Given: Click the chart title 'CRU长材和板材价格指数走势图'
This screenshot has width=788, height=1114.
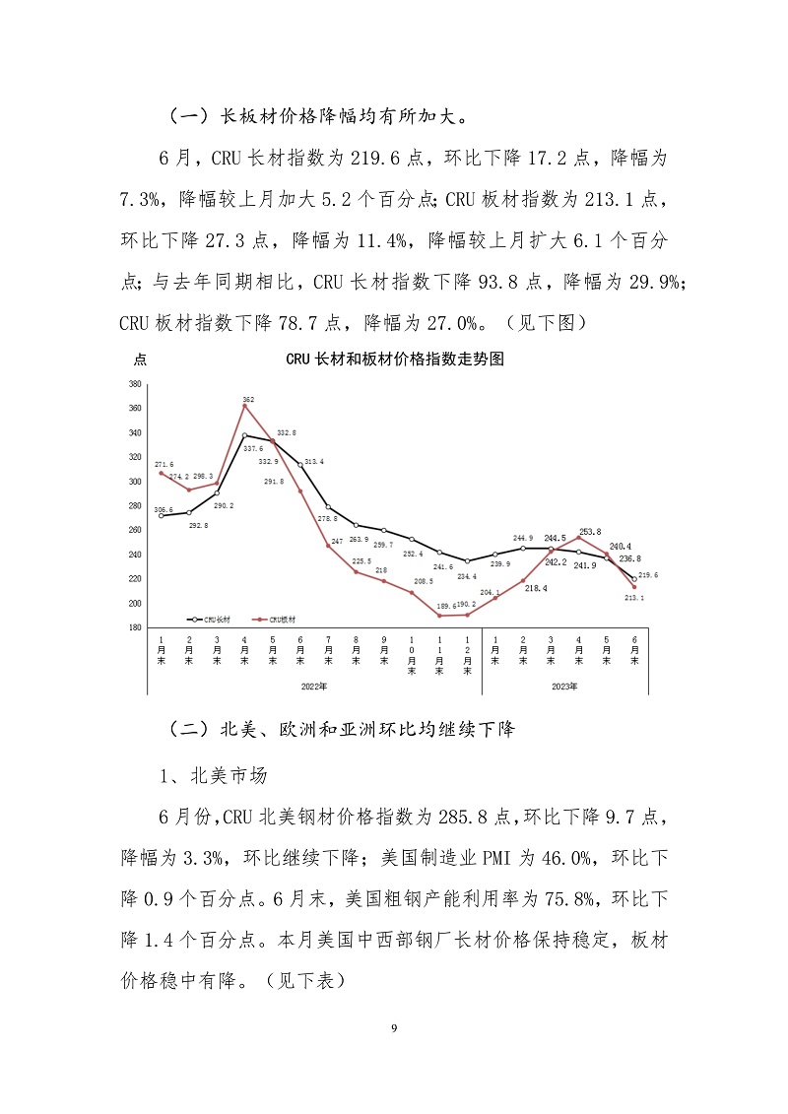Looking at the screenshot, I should pyautogui.click(x=395, y=360).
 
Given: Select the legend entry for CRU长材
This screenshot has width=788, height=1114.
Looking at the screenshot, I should pyautogui.click(x=208, y=620).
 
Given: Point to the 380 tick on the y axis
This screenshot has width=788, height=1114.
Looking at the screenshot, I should pyautogui.click(x=135, y=384).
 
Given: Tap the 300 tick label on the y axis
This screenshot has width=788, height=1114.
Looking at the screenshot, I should pyautogui.click(x=135, y=482).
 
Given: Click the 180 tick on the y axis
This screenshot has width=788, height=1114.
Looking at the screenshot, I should pyautogui.click(x=135, y=627).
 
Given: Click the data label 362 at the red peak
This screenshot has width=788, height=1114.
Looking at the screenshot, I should pyautogui.click(x=248, y=400).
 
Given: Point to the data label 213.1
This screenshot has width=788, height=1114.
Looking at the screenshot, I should pyautogui.click(x=635, y=597).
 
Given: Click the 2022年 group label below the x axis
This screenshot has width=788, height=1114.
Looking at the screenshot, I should pyautogui.click(x=315, y=685).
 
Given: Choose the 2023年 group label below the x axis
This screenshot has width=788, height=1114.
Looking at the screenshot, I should pyautogui.click(x=564, y=685).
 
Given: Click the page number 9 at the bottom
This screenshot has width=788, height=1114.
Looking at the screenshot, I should pyautogui.click(x=394, y=1028).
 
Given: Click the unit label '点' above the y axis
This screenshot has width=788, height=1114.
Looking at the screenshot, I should pyautogui.click(x=141, y=359).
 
